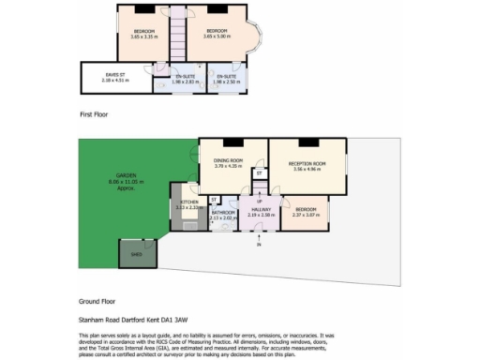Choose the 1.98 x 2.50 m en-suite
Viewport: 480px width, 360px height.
point(226,79)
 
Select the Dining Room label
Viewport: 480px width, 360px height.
point(228,163)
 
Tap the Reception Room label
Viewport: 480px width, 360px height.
point(307,167)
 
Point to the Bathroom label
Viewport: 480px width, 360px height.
point(223,215)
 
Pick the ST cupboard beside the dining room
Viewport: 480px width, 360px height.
point(259,172)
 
